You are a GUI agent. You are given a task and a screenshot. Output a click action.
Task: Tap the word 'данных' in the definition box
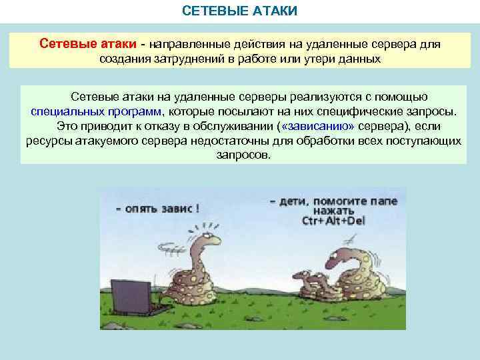(359, 59)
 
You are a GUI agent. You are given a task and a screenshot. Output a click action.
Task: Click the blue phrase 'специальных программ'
(99, 111)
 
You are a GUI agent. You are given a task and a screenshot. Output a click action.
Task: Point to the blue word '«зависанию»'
(318, 125)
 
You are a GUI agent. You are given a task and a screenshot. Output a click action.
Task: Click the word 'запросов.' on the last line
(244, 155)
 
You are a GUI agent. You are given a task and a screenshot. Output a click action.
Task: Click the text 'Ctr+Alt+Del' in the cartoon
(333, 221)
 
